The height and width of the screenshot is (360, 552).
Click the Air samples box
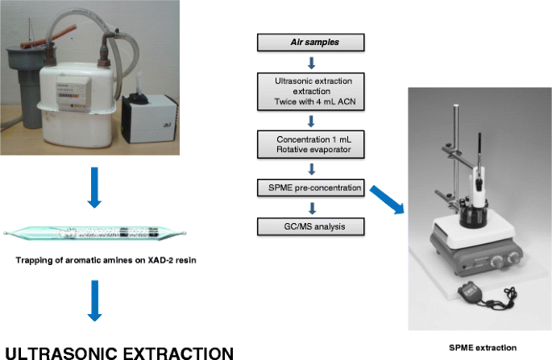click(x=310, y=43)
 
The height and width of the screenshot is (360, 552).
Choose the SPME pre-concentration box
click(x=310, y=189)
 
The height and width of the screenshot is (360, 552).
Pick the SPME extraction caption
click(x=482, y=347)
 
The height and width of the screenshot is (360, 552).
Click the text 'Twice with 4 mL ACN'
click(x=310, y=103)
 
